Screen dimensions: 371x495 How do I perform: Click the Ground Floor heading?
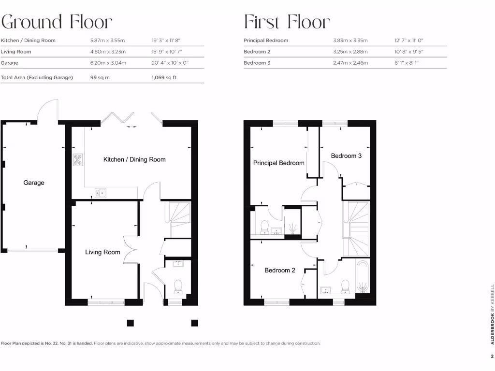pos(57,22)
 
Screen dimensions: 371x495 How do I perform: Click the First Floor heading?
pos(287,22)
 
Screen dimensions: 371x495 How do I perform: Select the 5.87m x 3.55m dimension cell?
pos(108,41)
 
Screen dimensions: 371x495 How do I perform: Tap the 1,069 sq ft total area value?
pos(164,77)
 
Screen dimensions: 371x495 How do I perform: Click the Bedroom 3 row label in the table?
pos(257,63)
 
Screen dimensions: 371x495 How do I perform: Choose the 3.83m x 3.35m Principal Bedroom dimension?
pos(350,41)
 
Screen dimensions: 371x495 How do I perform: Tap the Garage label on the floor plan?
pos(34,183)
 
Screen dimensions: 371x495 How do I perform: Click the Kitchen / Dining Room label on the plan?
pos(134,159)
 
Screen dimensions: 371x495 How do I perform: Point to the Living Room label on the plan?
pos(102,252)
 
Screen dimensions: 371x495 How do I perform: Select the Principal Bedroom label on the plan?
pos(279,163)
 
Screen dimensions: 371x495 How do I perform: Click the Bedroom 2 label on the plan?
pos(279,271)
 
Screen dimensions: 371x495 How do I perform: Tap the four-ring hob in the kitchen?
pos(78,160)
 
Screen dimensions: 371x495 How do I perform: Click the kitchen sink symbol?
pos(101,193)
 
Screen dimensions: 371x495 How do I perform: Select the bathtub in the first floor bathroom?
pos(363,277)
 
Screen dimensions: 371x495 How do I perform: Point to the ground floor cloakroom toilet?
pos(178,286)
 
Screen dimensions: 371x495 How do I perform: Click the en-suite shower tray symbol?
pos(292,228)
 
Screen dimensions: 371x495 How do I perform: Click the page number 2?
pos(492,357)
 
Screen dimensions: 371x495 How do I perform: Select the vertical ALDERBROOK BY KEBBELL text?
pos(492,314)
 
